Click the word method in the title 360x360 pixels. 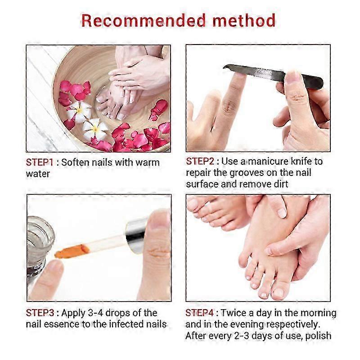(x=244, y=20)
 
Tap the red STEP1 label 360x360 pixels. (x=40, y=162)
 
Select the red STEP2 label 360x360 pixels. (x=200, y=161)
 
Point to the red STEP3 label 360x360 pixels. (x=40, y=313)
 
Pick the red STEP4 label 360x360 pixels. (x=199, y=313)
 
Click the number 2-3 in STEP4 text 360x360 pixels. (x=242, y=336)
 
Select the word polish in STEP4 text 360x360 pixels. (x=318, y=336)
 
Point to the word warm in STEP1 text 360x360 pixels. (x=148, y=162)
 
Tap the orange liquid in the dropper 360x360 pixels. (x=70, y=252)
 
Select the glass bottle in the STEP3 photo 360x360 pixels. (x=40, y=247)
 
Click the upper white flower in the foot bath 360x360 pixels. (x=79, y=111)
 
